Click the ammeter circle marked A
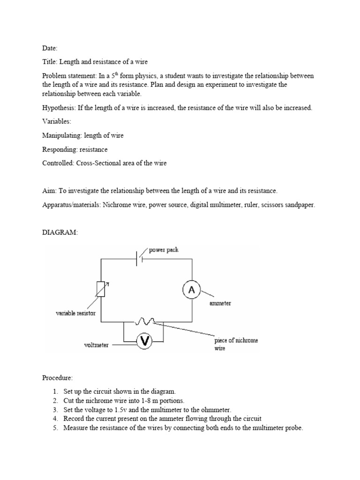point(191,291)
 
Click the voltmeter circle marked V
point(145,342)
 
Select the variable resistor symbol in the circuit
point(101,289)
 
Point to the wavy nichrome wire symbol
point(146,322)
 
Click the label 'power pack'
point(164,250)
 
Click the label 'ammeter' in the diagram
point(219,303)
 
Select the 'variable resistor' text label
point(75,313)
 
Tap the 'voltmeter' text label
point(96,345)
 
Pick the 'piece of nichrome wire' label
point(236,345)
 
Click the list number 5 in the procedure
point(55,427)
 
